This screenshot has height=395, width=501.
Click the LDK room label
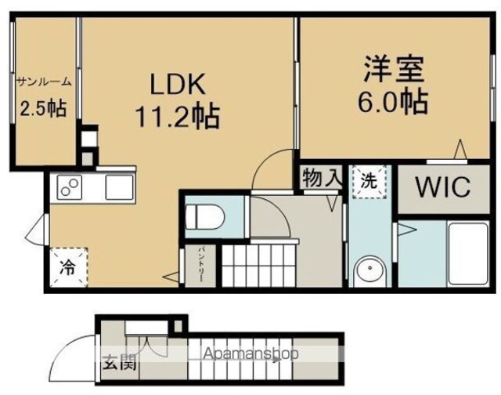[178, 84]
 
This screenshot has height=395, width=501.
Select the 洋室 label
[395, 69]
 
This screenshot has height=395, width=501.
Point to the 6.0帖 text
[393, 101]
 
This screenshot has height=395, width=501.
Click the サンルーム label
[44, 82]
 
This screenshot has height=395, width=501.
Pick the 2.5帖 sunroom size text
[44, 108]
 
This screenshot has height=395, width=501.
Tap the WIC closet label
[443, 187]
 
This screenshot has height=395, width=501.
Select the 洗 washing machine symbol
[369, 182]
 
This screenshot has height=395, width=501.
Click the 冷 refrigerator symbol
[69, 266]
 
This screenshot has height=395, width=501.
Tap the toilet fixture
[205, 217]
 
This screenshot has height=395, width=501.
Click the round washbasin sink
[370, 270]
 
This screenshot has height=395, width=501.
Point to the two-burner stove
[70, 187]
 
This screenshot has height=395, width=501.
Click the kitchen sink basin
[119, 187]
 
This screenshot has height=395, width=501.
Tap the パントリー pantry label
[202, 264]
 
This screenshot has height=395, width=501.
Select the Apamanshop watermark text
[250, 353]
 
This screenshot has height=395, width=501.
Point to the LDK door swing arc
[264, 160]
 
